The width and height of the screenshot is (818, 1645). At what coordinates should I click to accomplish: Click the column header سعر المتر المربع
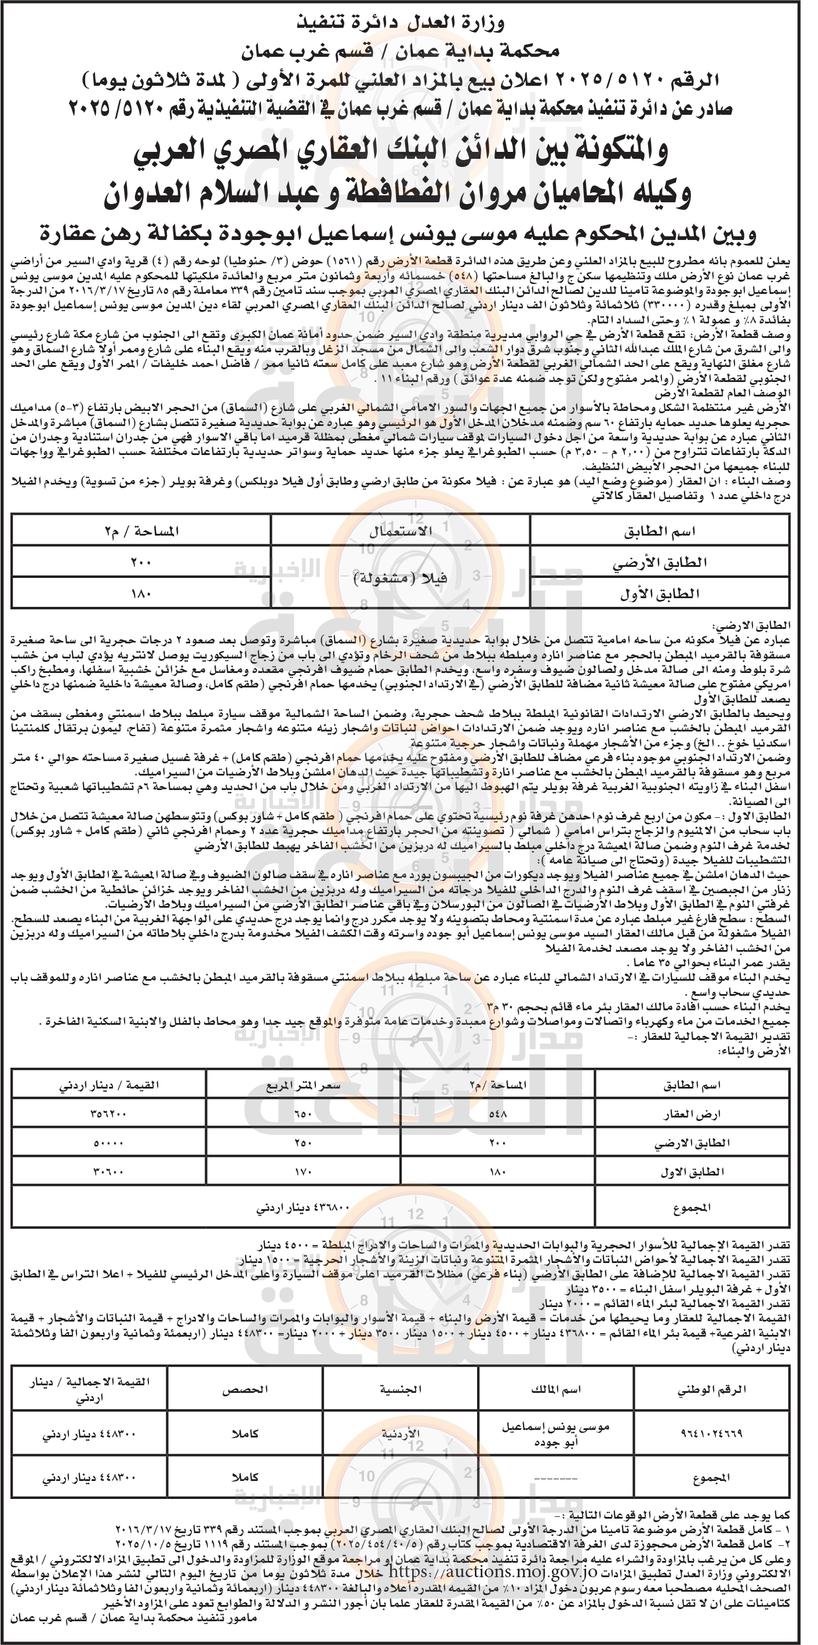coord(303,1085)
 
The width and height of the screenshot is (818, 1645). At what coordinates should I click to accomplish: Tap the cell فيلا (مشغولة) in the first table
coord(401,578)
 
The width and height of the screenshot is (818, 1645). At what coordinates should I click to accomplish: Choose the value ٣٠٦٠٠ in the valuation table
coord(108,1172)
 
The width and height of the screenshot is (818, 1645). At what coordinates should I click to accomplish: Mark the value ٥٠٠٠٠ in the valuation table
coord(108,1142)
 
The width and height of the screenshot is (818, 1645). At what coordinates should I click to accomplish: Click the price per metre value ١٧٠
coord(303,1172)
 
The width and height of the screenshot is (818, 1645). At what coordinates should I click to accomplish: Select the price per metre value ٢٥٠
coord(303,1142)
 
